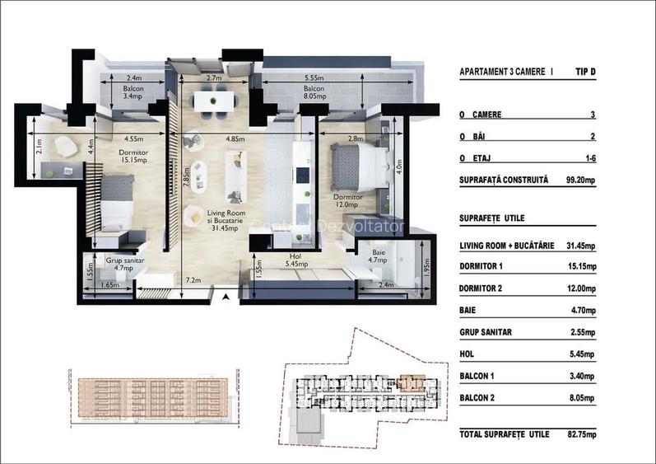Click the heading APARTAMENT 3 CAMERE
[x=504, y=73]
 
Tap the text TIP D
[x=585, y=73]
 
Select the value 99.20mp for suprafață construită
[x=581, y=179]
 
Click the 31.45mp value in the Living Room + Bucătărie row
[x=581, y=246]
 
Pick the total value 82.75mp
[x=581, y=434]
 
